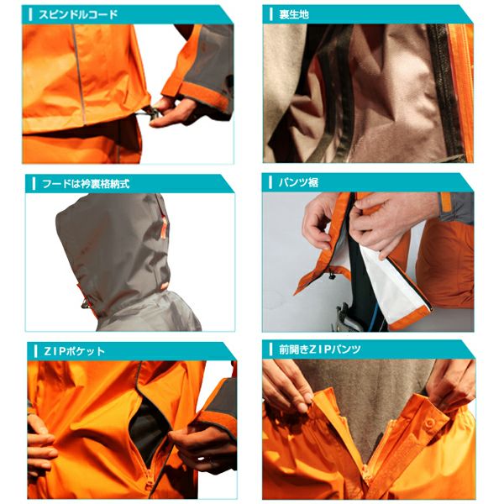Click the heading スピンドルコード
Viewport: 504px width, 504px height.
tap(78, 14)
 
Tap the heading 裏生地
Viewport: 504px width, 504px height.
tap(294, 14)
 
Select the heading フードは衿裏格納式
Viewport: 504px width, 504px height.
tap(86, 184)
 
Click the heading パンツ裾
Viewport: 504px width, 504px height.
tap(298, 182)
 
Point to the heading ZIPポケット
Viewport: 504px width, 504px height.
tap(75, 350)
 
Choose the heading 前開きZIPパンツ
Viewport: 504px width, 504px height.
tap(320, 349)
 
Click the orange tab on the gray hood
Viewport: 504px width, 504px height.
tap(164, 227)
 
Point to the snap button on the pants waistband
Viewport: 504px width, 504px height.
tap(429, 423)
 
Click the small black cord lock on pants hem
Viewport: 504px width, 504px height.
tap(332, 275)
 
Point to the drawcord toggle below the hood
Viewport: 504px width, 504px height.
tap(85, 303)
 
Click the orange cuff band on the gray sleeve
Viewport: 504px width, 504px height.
tap(206, 94)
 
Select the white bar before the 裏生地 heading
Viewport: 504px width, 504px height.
tap(271, 14)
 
